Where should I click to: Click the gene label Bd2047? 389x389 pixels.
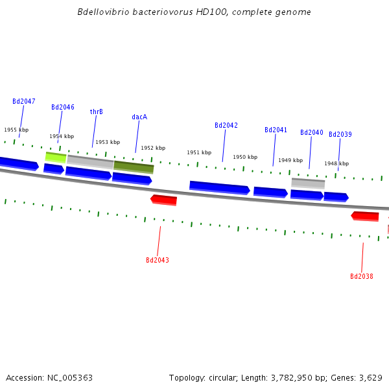coord(24,102)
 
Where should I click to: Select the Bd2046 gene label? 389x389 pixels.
coord(63,108)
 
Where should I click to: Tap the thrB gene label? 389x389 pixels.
coord(96,112)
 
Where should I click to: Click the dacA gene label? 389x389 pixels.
coord(139,117)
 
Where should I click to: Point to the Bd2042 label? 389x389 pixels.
coord(226,126)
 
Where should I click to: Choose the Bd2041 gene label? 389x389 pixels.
coord(276,130)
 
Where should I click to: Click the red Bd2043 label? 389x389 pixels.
coord(158,261)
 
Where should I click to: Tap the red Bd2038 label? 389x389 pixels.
coord(362,277)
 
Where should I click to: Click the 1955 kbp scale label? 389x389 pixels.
coord(16,130)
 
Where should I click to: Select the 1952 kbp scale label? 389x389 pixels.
coord(153,148)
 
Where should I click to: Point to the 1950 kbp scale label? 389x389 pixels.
coord(245,158)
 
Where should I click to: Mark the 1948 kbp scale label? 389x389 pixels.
coord(336,164)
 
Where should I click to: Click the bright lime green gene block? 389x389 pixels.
coord(56,157)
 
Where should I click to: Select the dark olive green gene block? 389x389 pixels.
coord(134,167)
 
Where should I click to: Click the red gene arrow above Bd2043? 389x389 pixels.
coord(163,200)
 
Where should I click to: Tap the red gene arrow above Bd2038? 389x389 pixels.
coord(365,216)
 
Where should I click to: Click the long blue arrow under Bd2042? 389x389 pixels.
coord(219,187)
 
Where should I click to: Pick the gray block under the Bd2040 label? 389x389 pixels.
coord(308,183)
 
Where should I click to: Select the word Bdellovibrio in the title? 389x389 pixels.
coord(101,12)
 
